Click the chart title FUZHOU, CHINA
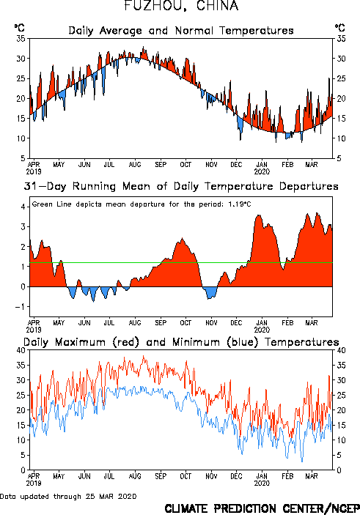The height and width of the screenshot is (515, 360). tap(181, 5)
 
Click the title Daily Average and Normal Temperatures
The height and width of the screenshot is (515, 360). tap(181, 31)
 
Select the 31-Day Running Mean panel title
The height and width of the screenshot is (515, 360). tap(181, 186)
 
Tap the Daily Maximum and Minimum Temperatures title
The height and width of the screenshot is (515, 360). tap(181, 342)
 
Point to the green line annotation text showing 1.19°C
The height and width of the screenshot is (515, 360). tap(142, 204)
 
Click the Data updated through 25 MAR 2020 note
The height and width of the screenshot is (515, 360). tap(68, 496)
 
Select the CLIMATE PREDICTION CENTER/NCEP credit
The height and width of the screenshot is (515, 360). tap(262, 508)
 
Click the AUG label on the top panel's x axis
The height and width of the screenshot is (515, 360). tap(135, 164)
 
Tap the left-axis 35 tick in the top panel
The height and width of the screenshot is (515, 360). tap(21, 39)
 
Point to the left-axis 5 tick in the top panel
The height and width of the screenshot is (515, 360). tap(23, 158)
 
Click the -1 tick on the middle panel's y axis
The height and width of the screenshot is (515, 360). tap(20, 307)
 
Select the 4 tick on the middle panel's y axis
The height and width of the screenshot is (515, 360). tap(23, 207)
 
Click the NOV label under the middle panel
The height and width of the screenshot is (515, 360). tap(211, 322)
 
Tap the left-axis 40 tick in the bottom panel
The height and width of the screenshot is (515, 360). tap(21, 350)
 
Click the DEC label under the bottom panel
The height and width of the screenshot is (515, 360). tap(236, 476)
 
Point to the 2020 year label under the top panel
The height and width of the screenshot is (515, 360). tap(262, 171)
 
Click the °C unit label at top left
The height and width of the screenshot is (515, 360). tap(19, 28)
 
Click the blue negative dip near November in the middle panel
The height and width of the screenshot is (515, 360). tap(210, 292)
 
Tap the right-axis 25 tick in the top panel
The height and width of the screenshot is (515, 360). tap(341, 78)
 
